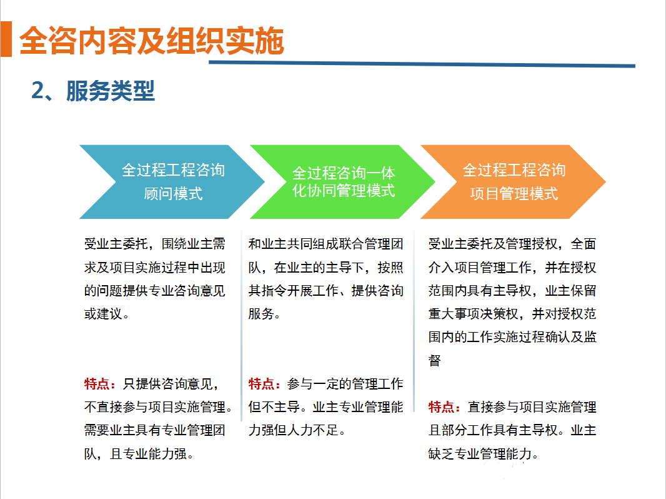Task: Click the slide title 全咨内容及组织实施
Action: [x=152, y=41]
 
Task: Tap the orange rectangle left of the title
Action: [x=6, y=39]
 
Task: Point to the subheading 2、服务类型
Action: [x=93, y=91]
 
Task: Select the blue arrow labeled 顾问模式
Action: [x=172, y=182]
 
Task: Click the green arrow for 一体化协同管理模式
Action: [x=342, y=182]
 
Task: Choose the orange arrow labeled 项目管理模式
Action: [x=513, y=182]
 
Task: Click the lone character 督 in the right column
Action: [x=435, y=360]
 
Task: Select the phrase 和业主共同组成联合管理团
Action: [x=326, y=244]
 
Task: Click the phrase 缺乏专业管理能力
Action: [x=480, y=454]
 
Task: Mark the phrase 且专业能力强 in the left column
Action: [x=148, y=454]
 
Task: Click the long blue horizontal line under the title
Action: [x=422, y=64]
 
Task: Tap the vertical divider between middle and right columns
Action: [x=414, y=321]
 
